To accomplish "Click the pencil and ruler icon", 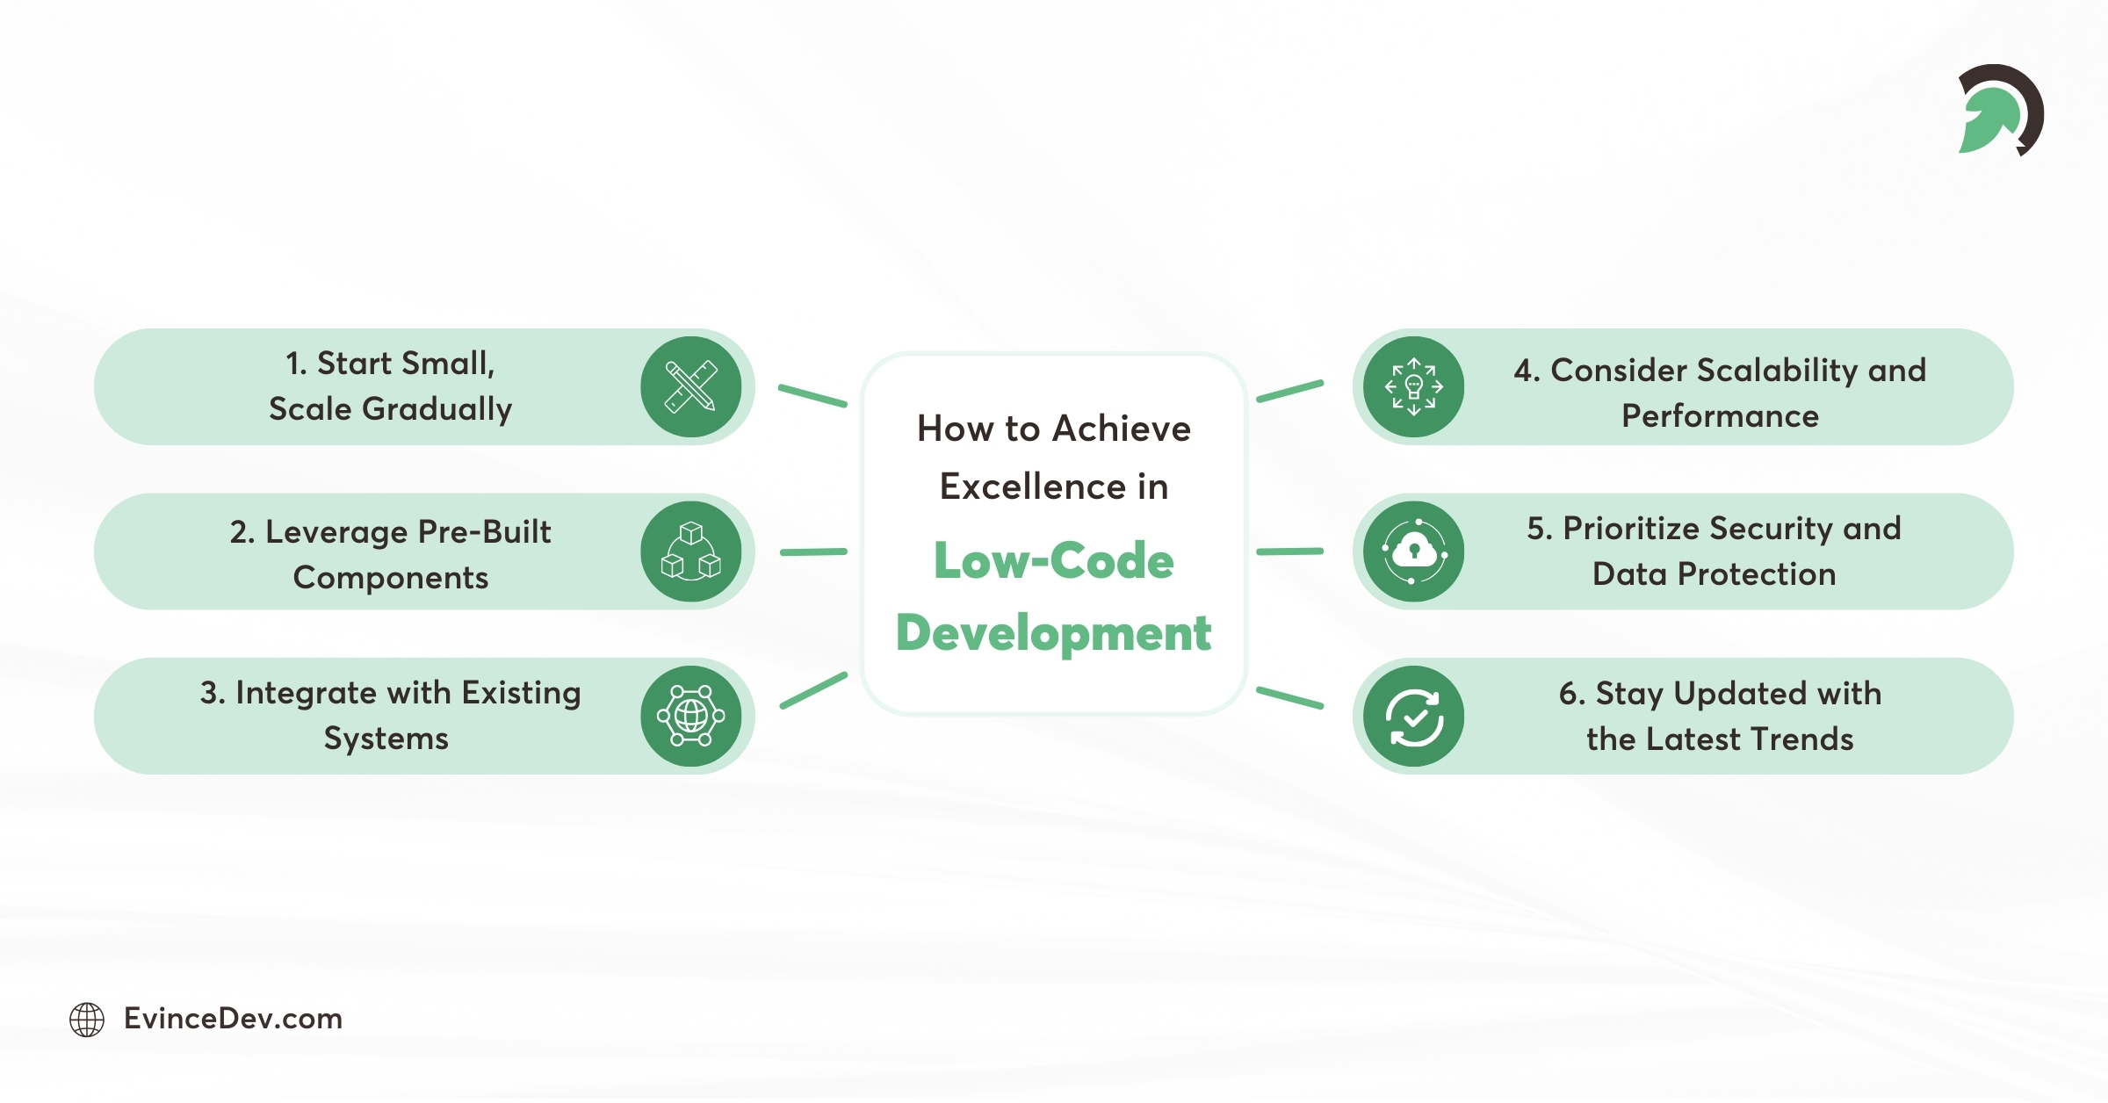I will pyautogui.click(x=691, y=386).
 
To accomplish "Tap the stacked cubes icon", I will pyautogui.click(x=691, y=551).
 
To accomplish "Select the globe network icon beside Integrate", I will pyautogui.click(x=691, y=716).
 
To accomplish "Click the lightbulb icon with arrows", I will pyautogui.click(x=1413, y=386).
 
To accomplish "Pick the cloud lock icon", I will pyautogui.click(x=1413, y=551).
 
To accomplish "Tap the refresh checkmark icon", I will pyautogui.click(x=1413, y=716).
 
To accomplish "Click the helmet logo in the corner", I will pyautogui.click(x=2000, y=111).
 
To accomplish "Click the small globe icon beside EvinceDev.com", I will pyautogui.click(x=87, y=1020).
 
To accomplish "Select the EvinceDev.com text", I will pyautogui.click(x=233, y=1019).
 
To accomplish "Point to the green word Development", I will pyautogui.click(x=1053, y=633).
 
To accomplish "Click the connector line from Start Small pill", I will pyautogui.click(x=812, y=395).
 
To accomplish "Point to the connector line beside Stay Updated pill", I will pyautogui.click(x=1289, y=698).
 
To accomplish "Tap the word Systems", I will pyautogui.click(x=386, y=739).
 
